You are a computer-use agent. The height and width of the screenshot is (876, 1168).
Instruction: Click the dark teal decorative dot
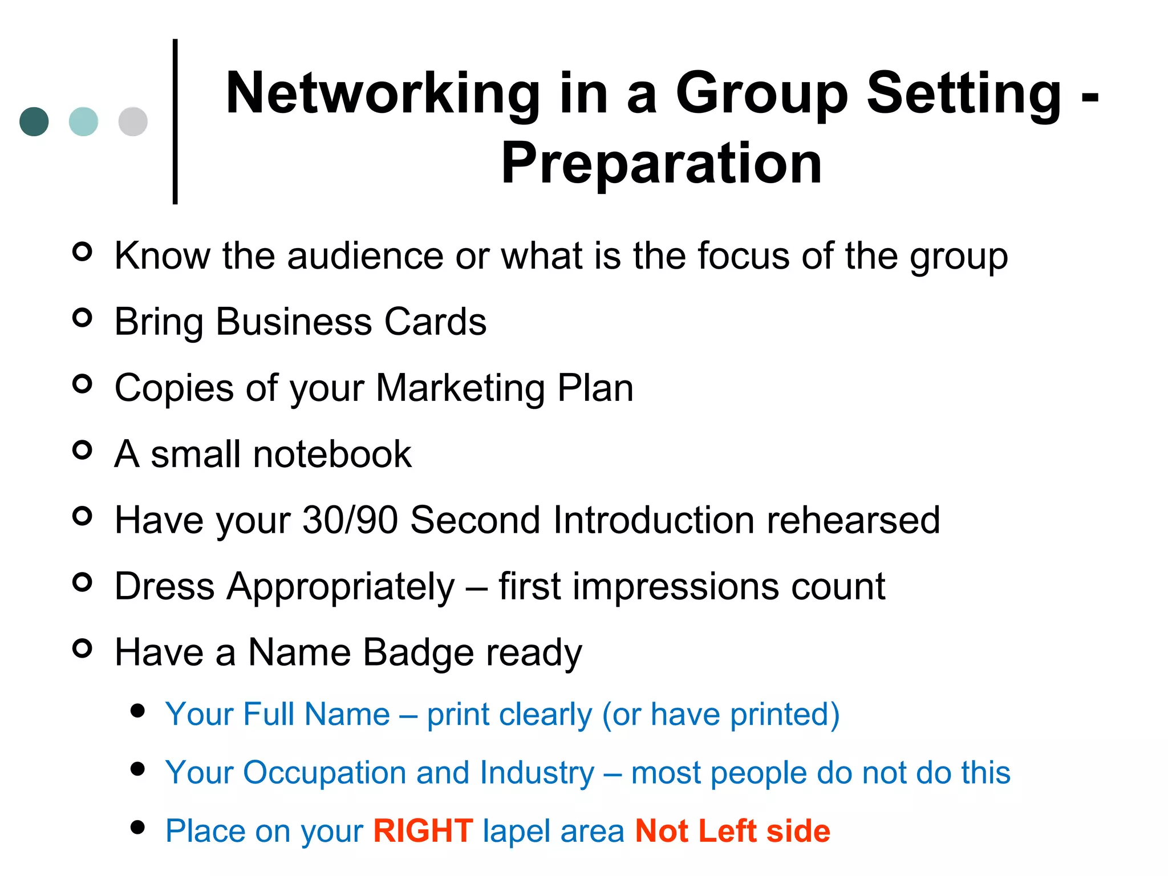[34, 121]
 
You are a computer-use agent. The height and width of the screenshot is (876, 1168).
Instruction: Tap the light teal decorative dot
[83, 121]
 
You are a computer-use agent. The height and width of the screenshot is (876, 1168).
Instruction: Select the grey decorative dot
[133, 121]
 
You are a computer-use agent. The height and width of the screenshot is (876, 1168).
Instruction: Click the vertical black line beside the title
[175, 121]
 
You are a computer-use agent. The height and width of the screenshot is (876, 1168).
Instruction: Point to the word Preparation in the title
[662, 164]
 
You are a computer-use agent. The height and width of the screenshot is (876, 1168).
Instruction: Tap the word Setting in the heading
[964, 94]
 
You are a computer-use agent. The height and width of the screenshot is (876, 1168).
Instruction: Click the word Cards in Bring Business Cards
[435, 322]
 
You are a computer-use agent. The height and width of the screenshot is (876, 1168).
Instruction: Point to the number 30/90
[350, 520]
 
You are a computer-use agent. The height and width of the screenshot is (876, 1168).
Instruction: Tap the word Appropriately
[341, 586]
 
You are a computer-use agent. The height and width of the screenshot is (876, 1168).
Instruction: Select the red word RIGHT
[423, 830]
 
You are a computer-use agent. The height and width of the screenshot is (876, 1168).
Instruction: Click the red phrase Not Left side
[733, 830]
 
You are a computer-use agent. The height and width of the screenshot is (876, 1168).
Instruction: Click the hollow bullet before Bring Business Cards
[83, 318]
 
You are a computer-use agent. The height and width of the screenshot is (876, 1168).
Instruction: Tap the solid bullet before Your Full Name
[137, 711]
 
